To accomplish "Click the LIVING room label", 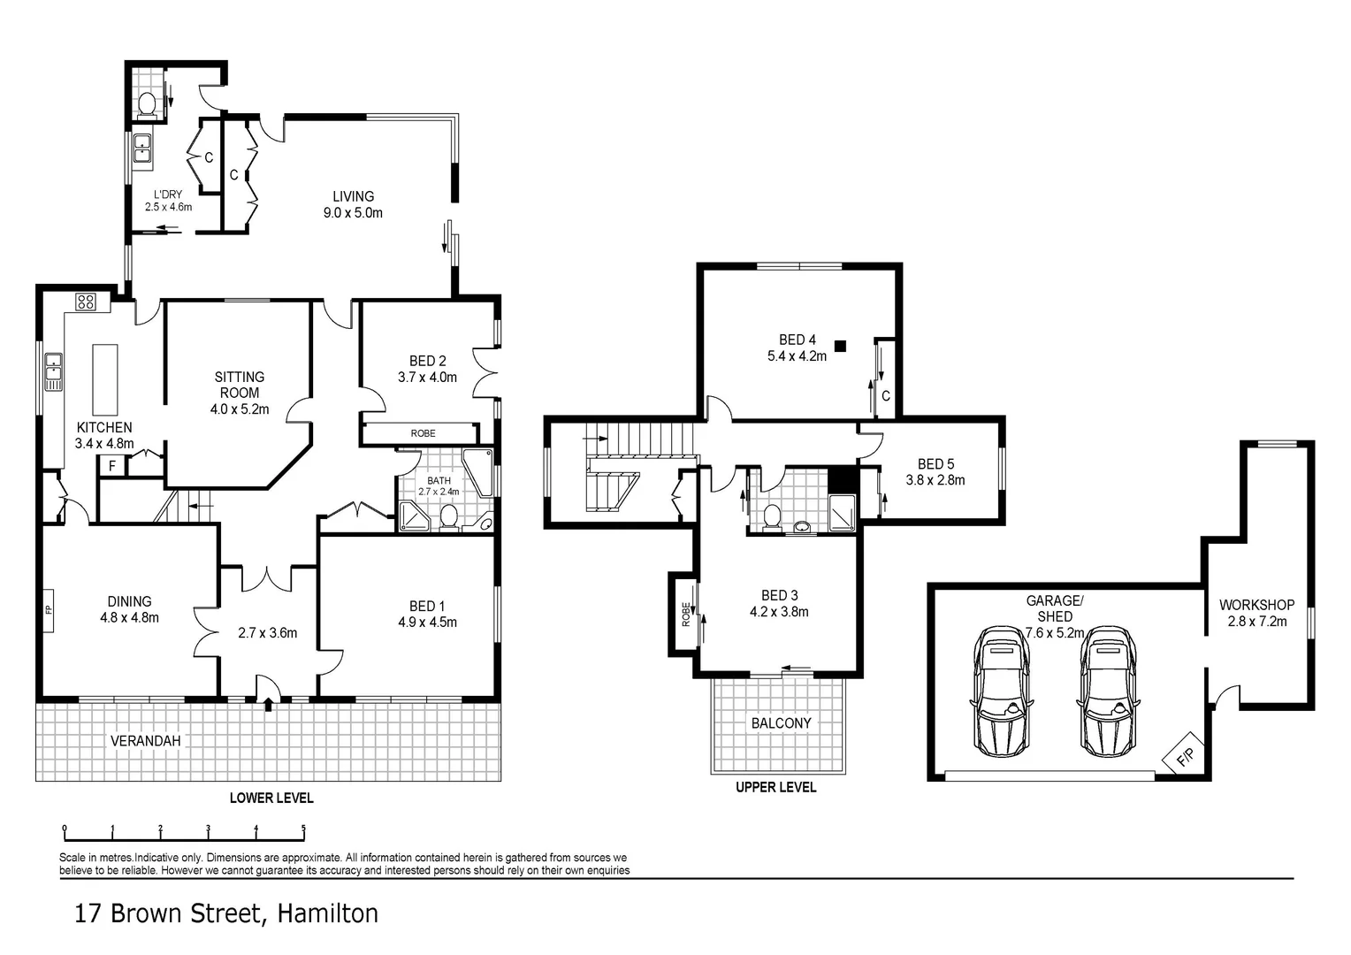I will point(353,196).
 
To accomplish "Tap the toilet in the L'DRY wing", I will point(147,104).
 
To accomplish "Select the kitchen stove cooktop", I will point(86,302).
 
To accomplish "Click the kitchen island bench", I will point(105,379).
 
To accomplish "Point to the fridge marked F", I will point(112,465).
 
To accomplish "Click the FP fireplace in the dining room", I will point(49,609).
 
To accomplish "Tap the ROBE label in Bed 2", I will point(423,433).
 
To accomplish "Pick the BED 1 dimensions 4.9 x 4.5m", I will point(427,623).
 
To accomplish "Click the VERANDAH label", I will point(145,740).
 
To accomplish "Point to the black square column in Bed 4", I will point(840,346).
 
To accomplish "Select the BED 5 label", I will point(935,463).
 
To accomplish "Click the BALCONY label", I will point(781,722).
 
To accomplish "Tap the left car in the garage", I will point(1001,691).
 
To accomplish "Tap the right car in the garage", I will point(1106,691).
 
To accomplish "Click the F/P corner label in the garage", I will point(1184,757).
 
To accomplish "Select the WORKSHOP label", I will point(1256,605).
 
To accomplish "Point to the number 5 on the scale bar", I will point(303,829).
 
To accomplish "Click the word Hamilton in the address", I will point(328,913).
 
